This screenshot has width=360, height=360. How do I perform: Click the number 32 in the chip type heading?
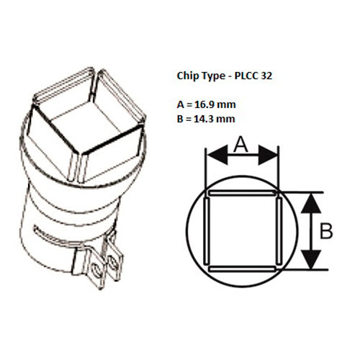266,76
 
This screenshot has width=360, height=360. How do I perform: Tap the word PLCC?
246,76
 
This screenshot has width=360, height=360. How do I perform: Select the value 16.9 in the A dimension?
204,104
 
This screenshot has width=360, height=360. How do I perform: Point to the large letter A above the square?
240,145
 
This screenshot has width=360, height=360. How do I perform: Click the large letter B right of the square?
326,231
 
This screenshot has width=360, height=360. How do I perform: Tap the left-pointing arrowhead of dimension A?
217,155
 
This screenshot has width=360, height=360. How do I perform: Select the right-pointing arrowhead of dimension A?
268,155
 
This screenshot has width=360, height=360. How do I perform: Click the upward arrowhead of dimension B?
311,203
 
